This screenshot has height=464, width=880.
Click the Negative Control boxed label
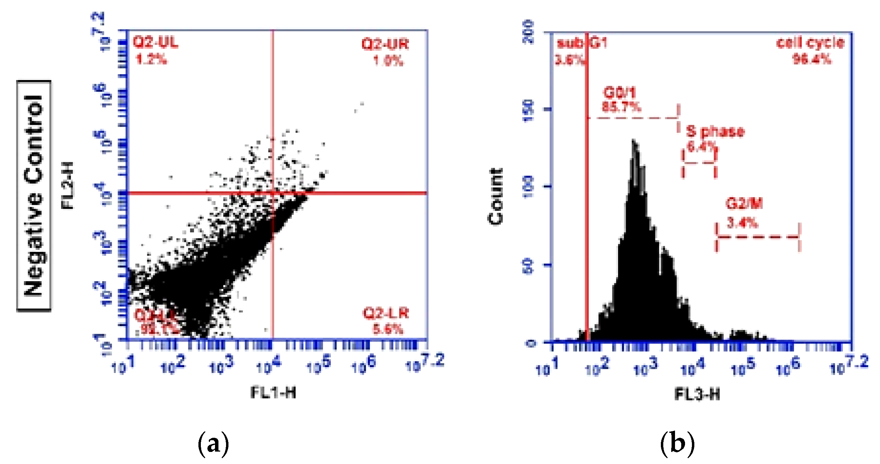pyautogui.click(x=34, y=196)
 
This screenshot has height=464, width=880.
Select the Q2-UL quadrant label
pyautogui.click(x=156, y=42)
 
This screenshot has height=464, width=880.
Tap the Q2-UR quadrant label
pyautogui.click(x=385, y=44)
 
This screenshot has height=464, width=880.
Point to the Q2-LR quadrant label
pyautogui.click(x=386, y=313)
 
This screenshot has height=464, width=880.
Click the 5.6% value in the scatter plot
pyautogui.click(x=388, y=329)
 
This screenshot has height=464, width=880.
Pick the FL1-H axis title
pyautogui.click(x=273, y=393)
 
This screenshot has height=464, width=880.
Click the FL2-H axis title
pyautogui.click(x=68, y=185)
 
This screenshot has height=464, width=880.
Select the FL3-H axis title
pyautogui.click(x=697, y=394)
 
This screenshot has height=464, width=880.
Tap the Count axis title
pyautogui.click(x=496, y=197)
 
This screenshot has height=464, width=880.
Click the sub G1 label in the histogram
pyautogui.click(x=582, y=43)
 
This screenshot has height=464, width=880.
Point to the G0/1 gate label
pyautogui.click(x=619, y=92)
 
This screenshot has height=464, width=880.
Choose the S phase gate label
pyautogui.click(x=715, y=131)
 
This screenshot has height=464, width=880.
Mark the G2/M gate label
pyautogui.click(x=744, y=204)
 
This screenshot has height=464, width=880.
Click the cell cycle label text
pyautogui.click(x=810, y=43)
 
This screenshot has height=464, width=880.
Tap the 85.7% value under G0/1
pyautogui.click(x=621, y=107)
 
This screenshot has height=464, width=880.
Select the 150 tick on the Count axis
pyautogui.click(x=528, y=110)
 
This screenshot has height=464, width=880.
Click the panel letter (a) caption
pyautogui.click(x=213, y=443)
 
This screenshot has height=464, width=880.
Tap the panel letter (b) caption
pyautogui.click(x=677, y=443)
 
